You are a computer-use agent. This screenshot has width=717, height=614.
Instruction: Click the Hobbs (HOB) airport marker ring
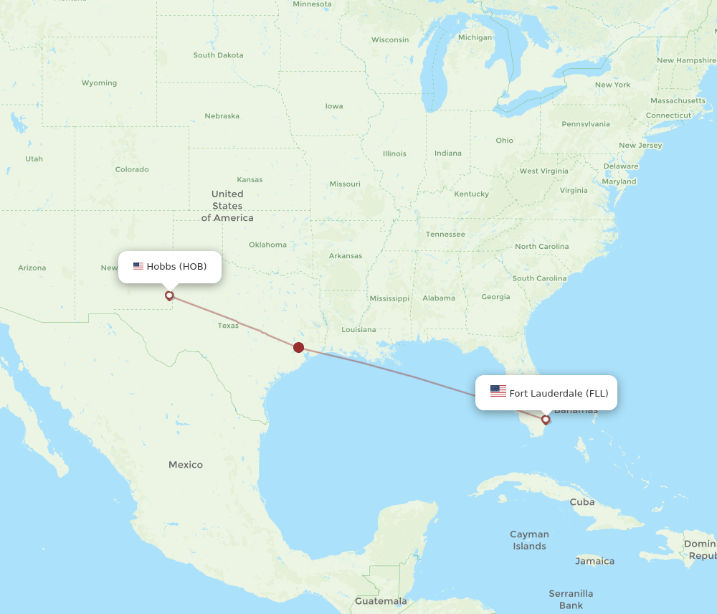(x=169, y=295)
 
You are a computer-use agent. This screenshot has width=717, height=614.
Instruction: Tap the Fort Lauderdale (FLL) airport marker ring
(x=546, y=420)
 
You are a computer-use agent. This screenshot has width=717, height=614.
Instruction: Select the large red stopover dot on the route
(x=298, y=348)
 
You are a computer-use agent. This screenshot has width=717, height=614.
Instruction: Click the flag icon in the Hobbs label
(x=138, y=266)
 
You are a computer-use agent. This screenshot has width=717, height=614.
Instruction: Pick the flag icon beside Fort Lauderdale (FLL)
(x=498, y=392)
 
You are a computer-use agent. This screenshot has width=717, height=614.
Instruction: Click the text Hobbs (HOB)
(x=176, y=266)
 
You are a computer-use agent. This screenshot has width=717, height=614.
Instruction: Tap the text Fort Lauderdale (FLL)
(x=559, y=392)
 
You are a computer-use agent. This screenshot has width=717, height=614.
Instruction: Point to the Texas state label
(x=228, y=326)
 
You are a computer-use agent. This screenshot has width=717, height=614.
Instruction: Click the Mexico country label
(x=186, y=465)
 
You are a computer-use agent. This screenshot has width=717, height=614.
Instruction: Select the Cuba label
(x=582, y=502)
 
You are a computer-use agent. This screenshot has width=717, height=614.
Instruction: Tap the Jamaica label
(x=594, y=561)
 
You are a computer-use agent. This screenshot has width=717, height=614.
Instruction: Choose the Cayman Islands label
(x=529, y=540)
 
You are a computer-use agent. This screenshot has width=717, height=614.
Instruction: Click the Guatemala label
(x=381, y=601)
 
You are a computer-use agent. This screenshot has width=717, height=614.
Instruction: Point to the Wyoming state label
(x=99, y=83)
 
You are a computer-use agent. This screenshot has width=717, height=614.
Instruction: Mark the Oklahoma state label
(x=267, y=245)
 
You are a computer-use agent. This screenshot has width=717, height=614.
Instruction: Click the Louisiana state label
(x=358, y=330)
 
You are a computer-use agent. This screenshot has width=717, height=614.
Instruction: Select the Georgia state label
(x=495, y=297)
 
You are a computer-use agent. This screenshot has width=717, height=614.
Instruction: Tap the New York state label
(x=612, y=85)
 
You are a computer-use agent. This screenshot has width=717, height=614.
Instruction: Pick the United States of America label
(x=227, y=206)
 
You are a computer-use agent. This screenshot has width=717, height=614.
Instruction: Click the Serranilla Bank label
(x=571, y=599)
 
